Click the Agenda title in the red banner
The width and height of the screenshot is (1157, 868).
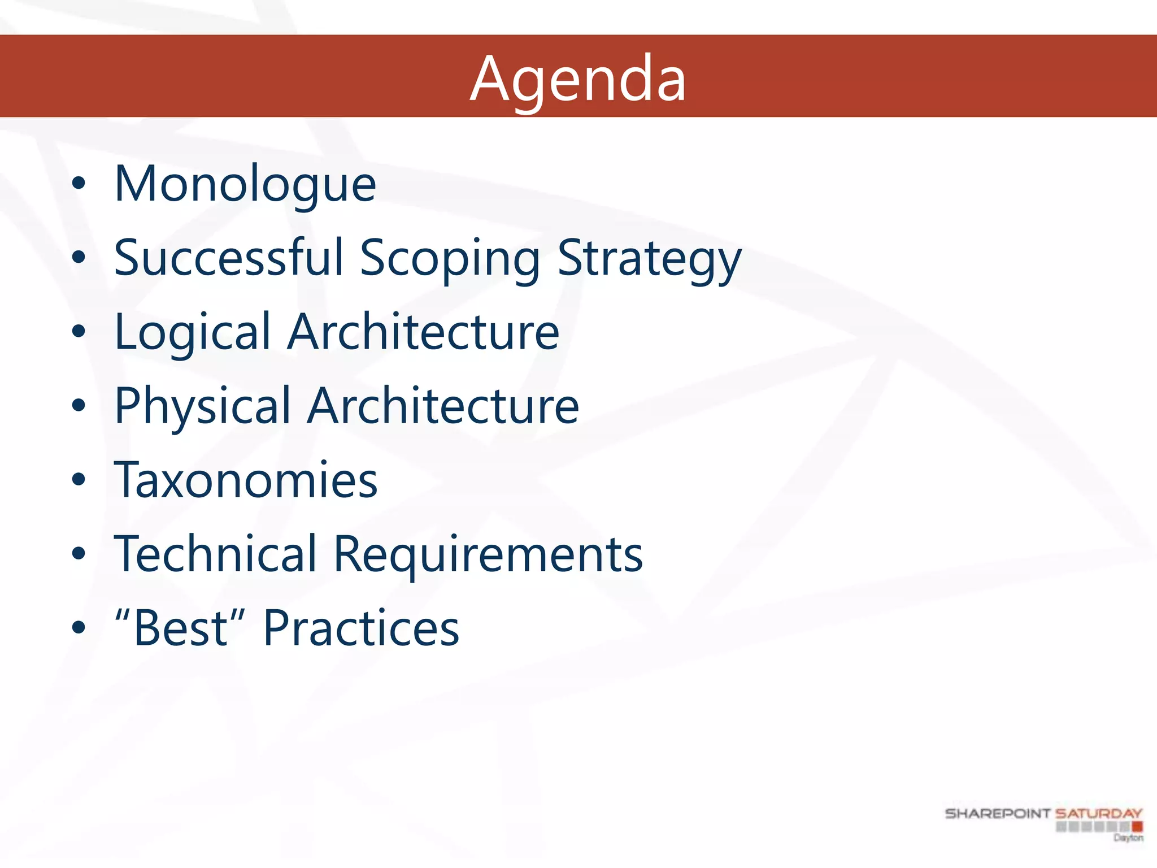click(x=578, y=79)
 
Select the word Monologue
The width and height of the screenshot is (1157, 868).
click(x=245, y=184)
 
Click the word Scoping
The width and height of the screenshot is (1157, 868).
click(x=450, y=258)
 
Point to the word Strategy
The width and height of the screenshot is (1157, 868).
click(x=649, y=258)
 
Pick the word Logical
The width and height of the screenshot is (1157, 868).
click(x=193, y=332)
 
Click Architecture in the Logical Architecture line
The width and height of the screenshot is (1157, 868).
click(x=423, y=332)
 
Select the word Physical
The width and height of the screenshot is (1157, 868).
click(x=202, y=406)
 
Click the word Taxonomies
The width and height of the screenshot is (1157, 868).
click(x=246, y=480)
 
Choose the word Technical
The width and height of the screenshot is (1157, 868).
click(x=215, y=554)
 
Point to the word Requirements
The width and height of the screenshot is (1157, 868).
click(x=488, y=555)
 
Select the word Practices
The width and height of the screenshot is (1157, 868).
click(x=361, y=628)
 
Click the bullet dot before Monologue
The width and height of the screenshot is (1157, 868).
click(x=79, y=184)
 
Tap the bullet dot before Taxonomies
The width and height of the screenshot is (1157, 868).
click(x=79, y=480)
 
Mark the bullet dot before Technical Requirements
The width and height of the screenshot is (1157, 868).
click(x=79, y=554)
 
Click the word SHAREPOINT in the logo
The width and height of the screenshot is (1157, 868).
click(x=997, y=814)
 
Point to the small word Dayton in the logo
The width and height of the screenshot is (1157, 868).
click(x=1128, y=838)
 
